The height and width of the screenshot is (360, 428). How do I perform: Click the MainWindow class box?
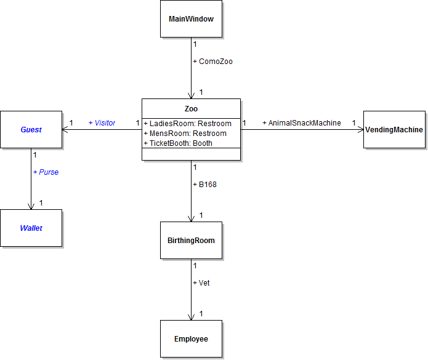pos(191,19)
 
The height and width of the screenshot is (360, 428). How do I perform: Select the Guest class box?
pos(31,130)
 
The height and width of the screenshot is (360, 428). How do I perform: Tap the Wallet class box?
pos(31,228)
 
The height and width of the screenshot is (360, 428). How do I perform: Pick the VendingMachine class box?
pos(394,130)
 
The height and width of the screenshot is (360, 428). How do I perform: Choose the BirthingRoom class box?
pos(191,241)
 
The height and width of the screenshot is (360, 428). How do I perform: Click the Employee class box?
pos(191,339)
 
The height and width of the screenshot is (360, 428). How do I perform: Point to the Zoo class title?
pos(191,108)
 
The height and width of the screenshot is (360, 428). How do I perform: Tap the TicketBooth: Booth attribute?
pos(178,143)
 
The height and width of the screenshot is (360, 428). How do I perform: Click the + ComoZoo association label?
pos(212,62)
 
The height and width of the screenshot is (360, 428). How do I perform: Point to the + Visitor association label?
pos(102,123)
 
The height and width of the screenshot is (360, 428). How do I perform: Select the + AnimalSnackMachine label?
pos(302,123)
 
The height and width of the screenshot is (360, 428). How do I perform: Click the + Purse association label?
pos(46,172)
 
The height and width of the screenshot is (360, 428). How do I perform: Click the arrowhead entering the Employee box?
pos(191,316)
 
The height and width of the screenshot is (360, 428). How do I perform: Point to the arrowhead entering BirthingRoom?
pos(191,217)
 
